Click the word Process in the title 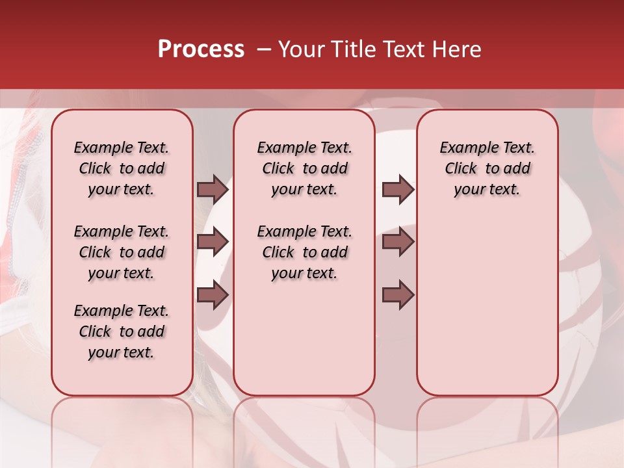pos(201,49)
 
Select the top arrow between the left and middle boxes pos(213,189)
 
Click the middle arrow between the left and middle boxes pos(213,242)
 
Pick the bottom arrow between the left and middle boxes pos(213,295)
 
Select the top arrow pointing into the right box pos(398,189)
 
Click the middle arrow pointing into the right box pos(398,242)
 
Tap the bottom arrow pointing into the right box pos(398,295)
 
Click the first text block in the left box pos(122,168)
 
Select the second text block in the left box pos(122,252)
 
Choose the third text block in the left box pos(122,331)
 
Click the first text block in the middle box pos(304,168)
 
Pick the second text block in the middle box pos(304,252)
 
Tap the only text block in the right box pos(487,168)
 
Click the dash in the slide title pos(264,49)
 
